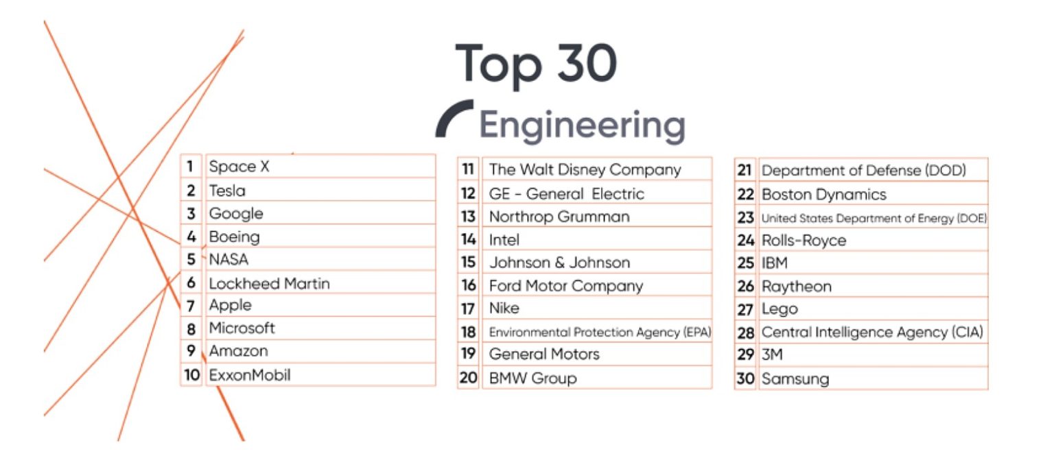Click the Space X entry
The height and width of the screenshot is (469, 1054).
pyautogui.click(x=240, y=167)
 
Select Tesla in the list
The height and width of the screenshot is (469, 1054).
pyautogui.click(x=227, y=191)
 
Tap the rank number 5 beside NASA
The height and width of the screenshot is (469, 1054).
pyautogui.click(x=191, y=260)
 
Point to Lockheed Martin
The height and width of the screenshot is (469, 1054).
pyautogui.click(x=269, y=283)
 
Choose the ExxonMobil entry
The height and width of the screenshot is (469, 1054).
pyautogui.click(x=250, y=375)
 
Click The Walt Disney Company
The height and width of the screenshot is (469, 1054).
pyautogui.click(x=585, y=169)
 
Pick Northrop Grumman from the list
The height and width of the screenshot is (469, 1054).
pyautogui.click(x=559, y=217)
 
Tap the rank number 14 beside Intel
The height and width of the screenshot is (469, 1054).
pyautogui.click(x=469, y=240)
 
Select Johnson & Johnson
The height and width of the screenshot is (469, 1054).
pyautogui.click(x=559, y=263)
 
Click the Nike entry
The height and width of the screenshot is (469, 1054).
pyautogui.click(x=504, y=309)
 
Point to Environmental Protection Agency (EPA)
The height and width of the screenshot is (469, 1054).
pyautogui.click(x=600, y=332)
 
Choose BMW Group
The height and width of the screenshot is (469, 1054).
pyautogui.click(x=532, y=378)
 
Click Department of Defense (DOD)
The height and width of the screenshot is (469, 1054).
pyautogui.click(x=864, y=170)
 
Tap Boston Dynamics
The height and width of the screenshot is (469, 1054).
pyautogui.click(x=824, y=194)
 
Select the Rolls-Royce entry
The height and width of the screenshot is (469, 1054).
pyautogui.click(x=804, y=241)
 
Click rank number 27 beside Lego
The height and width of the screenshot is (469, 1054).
pyautogui.click(x=745, y=310)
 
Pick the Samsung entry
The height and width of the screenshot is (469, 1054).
pyautogui.click(x=795, y=378)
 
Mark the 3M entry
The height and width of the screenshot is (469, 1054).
pyautogui.click(x=773, y=355)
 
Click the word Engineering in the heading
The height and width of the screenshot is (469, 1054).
pyautogui.click(x=582, y=126)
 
